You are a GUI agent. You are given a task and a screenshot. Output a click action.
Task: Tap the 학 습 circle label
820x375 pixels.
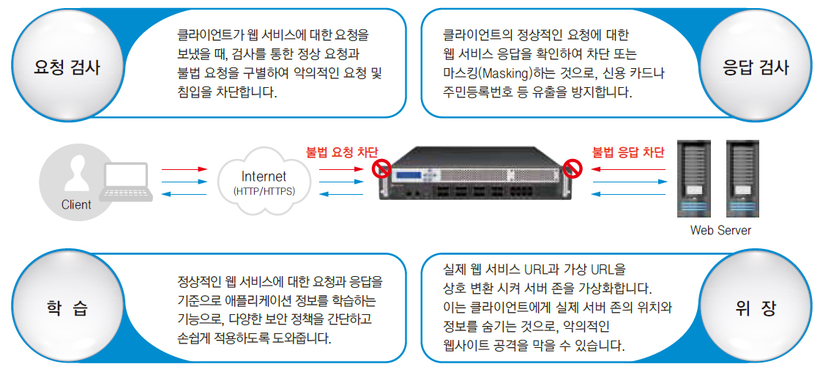coord(67,308)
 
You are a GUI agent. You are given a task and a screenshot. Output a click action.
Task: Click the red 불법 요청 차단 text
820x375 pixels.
coord(341,153)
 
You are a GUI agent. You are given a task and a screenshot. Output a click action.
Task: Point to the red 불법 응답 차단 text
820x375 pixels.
coord(628,153)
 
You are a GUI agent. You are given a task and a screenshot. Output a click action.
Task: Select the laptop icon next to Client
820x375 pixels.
coord(126,182)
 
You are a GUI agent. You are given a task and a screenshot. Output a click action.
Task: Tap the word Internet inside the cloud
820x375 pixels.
coord(264,177)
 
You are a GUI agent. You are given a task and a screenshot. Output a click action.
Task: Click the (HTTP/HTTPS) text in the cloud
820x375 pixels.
coord(264,191)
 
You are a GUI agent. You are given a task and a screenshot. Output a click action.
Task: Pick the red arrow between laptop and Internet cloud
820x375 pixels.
coord(184,169)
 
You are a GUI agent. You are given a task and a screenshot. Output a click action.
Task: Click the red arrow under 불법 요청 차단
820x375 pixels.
coord(340,169)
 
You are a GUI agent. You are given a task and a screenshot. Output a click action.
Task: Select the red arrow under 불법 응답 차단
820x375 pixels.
coord(627,169)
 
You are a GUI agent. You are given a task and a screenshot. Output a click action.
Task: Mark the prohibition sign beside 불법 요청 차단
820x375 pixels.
coord(381,169)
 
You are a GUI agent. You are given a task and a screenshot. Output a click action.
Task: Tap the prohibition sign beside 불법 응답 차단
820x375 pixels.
coord(574,169)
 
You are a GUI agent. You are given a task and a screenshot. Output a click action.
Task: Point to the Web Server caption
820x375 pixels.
coord(720,229)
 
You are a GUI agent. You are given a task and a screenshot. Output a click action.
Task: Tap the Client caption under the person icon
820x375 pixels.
coord(76,204)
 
